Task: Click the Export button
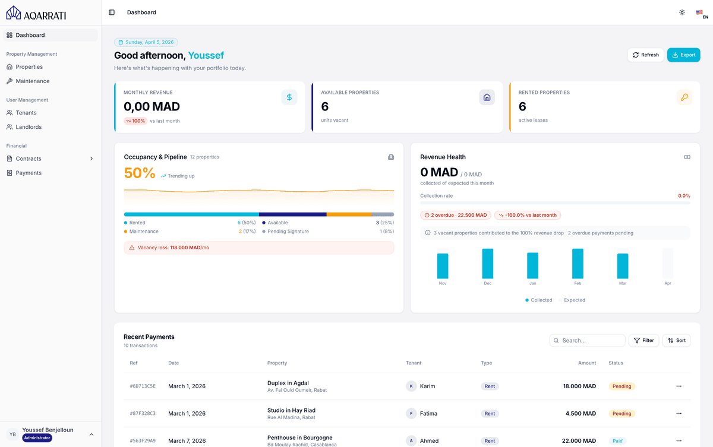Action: coord(683,55)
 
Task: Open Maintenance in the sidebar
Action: coord(32,81)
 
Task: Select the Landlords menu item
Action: coord(29,127)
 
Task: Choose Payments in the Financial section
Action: coord(29,173)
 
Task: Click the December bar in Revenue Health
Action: coord(487,264)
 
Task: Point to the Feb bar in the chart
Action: coord(578,264)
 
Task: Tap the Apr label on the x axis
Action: coord(667,284)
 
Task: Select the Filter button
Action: coord(643,341)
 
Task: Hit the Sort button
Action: coord(676,341)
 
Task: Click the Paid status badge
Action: coord(617,441)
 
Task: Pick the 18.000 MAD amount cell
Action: coord(579,386)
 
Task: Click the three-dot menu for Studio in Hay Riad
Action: coord(679,414)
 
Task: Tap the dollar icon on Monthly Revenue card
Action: coord(289,97)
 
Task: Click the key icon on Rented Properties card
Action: coord(684,97)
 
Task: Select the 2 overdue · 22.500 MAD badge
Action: coord(456,215)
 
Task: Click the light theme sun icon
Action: coord(682,12)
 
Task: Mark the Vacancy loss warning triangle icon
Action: coord(132,248)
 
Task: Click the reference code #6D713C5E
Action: coord(143,386)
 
